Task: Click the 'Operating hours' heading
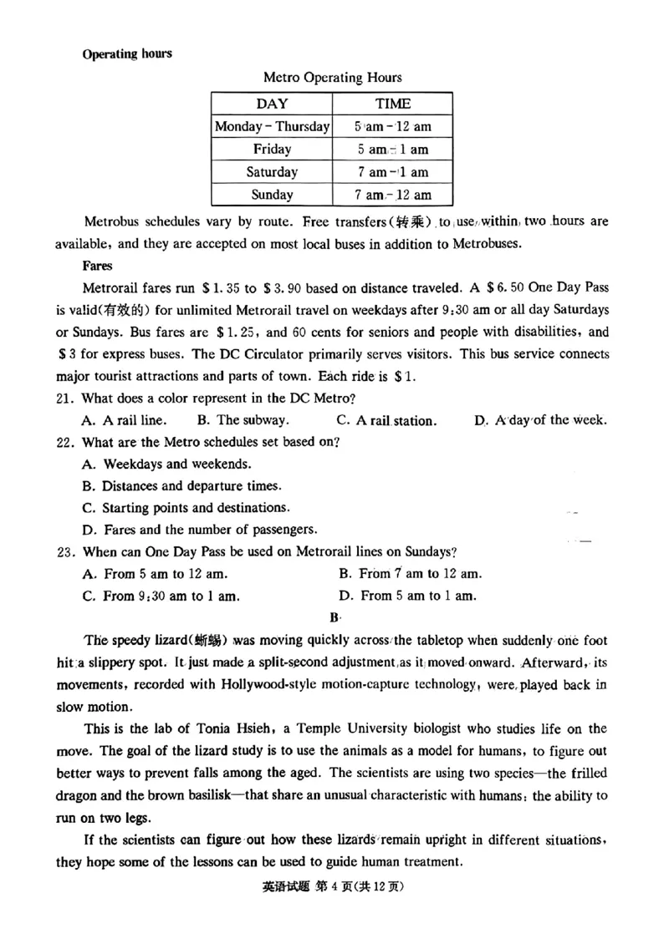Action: click(x=127, y=54)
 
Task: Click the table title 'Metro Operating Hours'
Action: click(x=332, y=78)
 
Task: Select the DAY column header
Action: click(x=272, y=104)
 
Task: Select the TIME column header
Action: click(x=392, y=104)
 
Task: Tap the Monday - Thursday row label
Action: click(x=272, y=127)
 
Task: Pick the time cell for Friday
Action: click(x=392, y=150)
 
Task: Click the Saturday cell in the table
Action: click(x=272, y=172)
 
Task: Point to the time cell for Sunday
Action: click(x=392, y=195)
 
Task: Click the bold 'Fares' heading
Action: click(x=97, y=266)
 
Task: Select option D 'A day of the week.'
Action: click(x=540, y=420)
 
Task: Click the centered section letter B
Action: click(x=334, y=618)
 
